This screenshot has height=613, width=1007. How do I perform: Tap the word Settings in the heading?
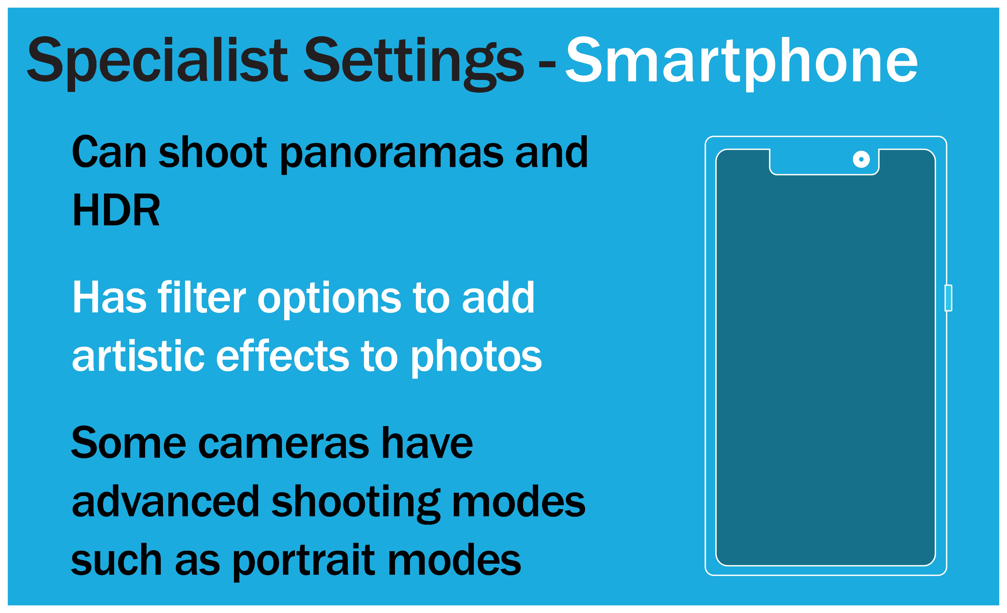(414, 63)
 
